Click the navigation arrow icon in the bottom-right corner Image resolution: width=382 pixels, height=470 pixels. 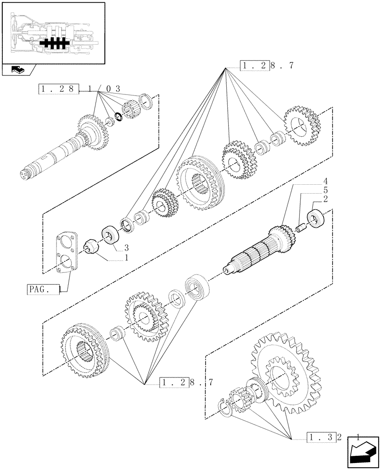tap(362, 454)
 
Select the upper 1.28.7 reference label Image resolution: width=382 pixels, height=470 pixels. tap(267, 65)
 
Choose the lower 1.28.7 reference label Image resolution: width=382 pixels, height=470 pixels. tap(187, 383)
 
